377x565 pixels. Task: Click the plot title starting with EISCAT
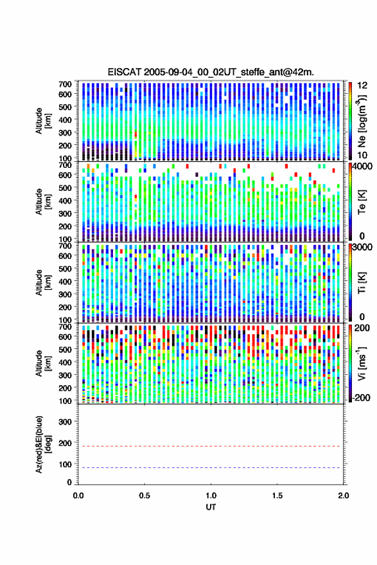[211, 72]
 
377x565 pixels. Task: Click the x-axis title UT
[211, 507]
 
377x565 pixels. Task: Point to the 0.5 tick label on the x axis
[145, 496]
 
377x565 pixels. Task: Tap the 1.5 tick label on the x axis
[277, 496]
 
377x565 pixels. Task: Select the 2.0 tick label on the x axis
[343, 496]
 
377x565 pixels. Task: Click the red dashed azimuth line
[211, 446]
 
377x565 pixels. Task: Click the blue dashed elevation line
[211, 468]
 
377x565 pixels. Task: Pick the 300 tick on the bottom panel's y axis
[65, 422]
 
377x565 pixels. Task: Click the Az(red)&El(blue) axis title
[43, 444]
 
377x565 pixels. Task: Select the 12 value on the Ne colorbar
[363, 85]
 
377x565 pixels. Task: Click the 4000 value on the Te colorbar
[362, 166]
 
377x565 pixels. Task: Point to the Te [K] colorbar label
[362, 201]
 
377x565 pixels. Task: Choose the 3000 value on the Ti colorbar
[362, 247]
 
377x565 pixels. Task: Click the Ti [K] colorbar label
[362, 283]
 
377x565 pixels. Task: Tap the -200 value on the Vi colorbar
[362, 398]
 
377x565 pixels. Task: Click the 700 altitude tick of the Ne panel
[65, 84]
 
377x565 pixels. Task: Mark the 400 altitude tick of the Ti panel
[65, 282]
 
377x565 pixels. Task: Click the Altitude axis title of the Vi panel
[43, 363]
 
